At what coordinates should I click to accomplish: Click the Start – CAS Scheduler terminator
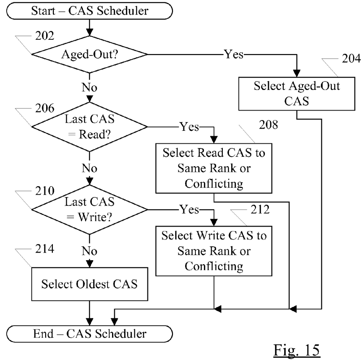pyautogui.click(x=90, y=11)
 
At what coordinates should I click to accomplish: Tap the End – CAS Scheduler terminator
pyautogui.click(x=90, y=334)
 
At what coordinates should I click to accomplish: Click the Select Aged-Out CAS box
pyautogui.click(x=297, y=93)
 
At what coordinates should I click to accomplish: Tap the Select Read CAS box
pyautogui.click(x=214, y=167)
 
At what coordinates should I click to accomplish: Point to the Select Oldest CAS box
pyautogui.click(x=90, y=283)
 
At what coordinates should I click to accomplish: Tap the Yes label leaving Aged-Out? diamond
pyautogui.click(x=233, y=55)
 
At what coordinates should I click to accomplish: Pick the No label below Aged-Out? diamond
pyautogui.click(x=90, y=86)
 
